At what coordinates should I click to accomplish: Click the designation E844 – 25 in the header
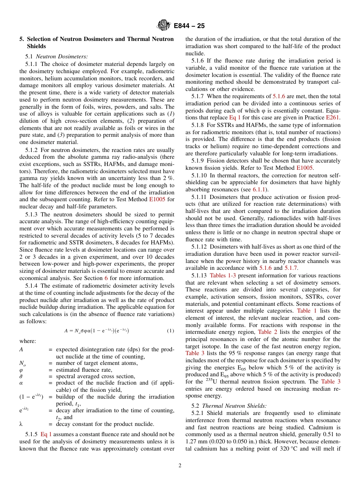coord(189,26)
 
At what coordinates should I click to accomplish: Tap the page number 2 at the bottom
coord(180,465)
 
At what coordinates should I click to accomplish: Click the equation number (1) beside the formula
coord(171,331)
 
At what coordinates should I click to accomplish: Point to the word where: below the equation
coord(28,341)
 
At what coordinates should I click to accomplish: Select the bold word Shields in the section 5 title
coord(36,46)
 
